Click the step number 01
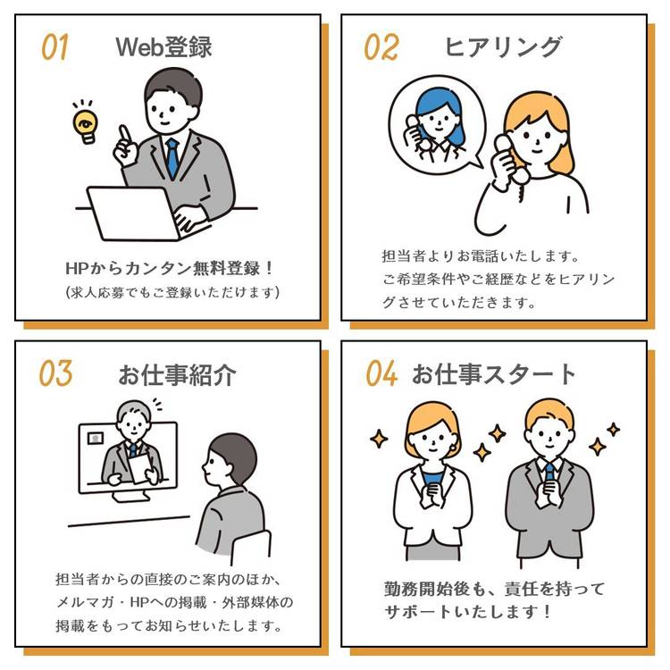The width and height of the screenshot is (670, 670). coord(54,47)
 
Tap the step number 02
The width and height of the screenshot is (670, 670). coord(381,47)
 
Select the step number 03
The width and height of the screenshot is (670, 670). coord(55,373)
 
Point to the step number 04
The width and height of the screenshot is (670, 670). coord(381,373)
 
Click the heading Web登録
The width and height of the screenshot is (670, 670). coord(164,46)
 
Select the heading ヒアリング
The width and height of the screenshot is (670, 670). coord(503,46)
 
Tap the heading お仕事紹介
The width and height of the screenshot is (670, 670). coord(177,374)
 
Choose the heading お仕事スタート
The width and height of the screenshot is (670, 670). coord(494,374)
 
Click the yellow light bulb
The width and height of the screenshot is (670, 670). coord(86,124)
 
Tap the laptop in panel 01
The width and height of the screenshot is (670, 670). coord(133,214)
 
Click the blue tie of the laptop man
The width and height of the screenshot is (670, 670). coord(172,157)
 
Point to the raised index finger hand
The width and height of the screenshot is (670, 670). coord(125,147)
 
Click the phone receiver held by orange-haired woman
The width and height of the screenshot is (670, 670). coord(507,159)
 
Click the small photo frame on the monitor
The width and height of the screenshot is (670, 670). coord(96,438)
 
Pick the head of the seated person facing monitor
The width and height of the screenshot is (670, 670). coord(230,461)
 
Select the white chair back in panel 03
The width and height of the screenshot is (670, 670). coord(251,548)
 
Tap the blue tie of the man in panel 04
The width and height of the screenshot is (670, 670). coord(550,472)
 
